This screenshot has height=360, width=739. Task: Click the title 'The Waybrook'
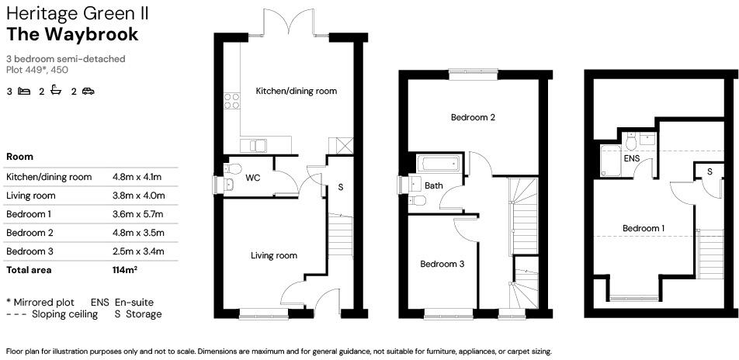72,34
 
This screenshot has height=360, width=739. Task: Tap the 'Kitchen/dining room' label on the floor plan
297,91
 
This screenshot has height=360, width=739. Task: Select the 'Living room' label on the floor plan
273,255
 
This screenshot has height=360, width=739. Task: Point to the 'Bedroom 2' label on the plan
473,118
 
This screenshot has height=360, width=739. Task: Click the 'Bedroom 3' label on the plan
442,264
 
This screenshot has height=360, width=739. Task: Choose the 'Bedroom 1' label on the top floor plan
644,228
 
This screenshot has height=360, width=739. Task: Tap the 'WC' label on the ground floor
252,178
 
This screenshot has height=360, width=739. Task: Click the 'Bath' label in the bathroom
433,186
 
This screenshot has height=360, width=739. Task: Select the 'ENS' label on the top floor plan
633,158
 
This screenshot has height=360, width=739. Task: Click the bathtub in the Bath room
439,164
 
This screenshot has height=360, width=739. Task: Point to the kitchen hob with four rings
231,100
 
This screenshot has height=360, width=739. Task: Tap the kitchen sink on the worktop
252,145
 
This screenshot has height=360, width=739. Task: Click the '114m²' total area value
125,270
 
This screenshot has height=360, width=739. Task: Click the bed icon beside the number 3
24,92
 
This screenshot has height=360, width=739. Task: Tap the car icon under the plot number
88,92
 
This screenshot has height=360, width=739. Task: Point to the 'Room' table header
19,157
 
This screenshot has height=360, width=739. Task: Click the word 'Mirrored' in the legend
33,302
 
